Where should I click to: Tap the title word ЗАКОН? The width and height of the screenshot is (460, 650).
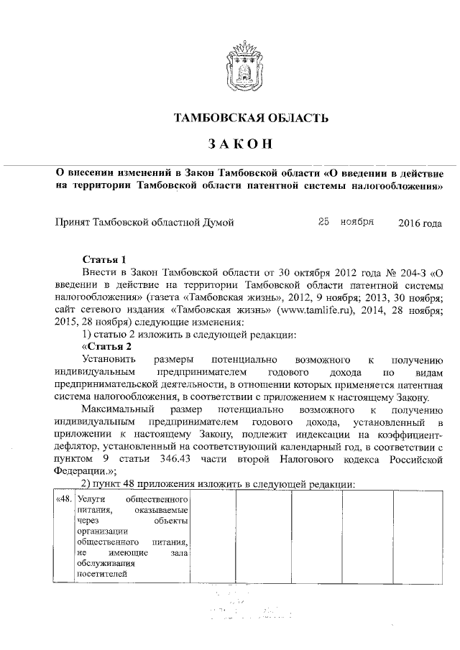[241, 144]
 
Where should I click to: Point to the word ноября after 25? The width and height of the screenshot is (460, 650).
[357, 222]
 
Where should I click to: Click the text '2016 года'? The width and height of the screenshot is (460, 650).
[420, 223]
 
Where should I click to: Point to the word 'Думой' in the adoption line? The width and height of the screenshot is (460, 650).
[217, 223]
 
